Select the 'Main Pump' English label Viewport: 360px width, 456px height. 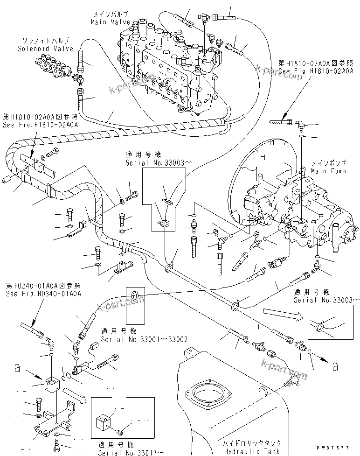(x=329, y=171)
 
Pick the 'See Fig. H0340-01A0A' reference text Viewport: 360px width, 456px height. (x=44, y=294)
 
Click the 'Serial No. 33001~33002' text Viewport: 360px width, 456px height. (x=144, y=339)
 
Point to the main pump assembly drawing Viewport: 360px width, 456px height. (x=298, y=205)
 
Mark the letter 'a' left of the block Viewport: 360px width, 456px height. (x=17, y=369)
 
